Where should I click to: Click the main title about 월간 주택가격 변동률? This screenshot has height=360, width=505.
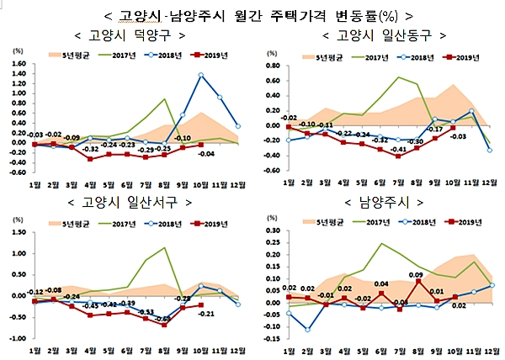[x=252, y=14]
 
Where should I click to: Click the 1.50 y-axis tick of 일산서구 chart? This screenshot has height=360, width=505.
[x=18, y=230]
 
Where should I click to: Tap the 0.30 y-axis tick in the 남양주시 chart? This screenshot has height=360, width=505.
[x=272, y=230]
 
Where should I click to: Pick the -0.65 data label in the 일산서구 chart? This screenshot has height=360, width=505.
[x=163, y=320]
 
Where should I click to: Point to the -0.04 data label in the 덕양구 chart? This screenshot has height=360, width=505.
[x=205, y=154]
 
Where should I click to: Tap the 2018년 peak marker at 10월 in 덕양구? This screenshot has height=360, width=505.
[x=201, y=75]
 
